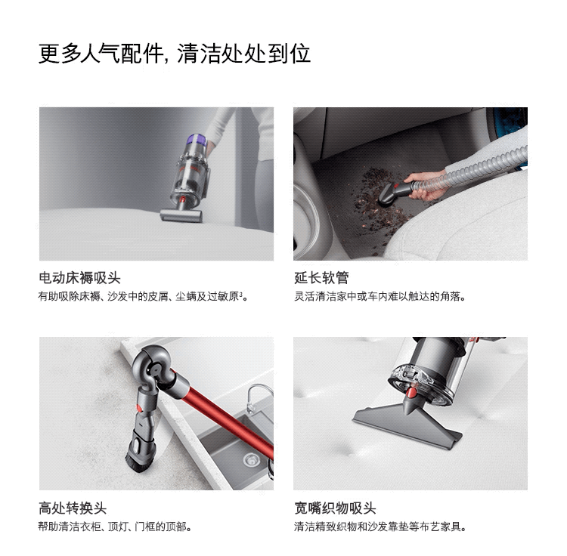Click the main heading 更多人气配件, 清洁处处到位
coord(175,54)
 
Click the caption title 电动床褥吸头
coord(79,278)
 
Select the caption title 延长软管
coord(321,278)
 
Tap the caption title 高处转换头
coord(73,508)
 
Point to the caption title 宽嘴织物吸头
coord(335,508)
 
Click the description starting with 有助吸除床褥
coord(144,296)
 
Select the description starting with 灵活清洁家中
coord(380,296)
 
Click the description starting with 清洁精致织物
coord(380,526)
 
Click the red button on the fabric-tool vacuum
coord(411,394)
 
